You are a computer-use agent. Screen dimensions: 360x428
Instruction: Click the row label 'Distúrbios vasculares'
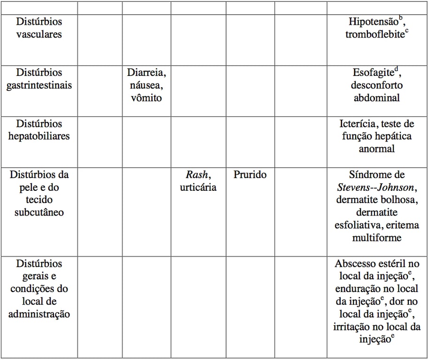tap(39, 28)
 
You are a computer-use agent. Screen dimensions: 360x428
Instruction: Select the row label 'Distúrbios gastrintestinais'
tap(39, 79)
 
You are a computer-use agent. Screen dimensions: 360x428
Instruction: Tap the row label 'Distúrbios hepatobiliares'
tap(39, 130)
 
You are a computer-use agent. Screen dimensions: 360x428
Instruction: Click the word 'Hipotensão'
tap(373, 22)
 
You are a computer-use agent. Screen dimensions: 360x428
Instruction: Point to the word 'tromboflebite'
tap(375, 35)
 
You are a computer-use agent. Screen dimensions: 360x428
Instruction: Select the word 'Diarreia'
tap(146, 73)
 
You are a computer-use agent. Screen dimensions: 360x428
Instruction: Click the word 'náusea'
tap(146, 86)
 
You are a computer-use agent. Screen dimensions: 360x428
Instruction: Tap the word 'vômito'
tap(146, 98)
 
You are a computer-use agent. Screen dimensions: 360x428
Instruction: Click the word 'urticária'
tap(199, 187)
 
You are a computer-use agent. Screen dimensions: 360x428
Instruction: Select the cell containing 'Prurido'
tap(250, 175)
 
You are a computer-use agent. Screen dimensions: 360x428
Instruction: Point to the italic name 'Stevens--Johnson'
tap(375, 187)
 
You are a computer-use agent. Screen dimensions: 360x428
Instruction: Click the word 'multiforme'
tap(377, 238)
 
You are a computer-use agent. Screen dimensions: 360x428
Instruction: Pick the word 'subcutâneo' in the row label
tap(39, 213)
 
